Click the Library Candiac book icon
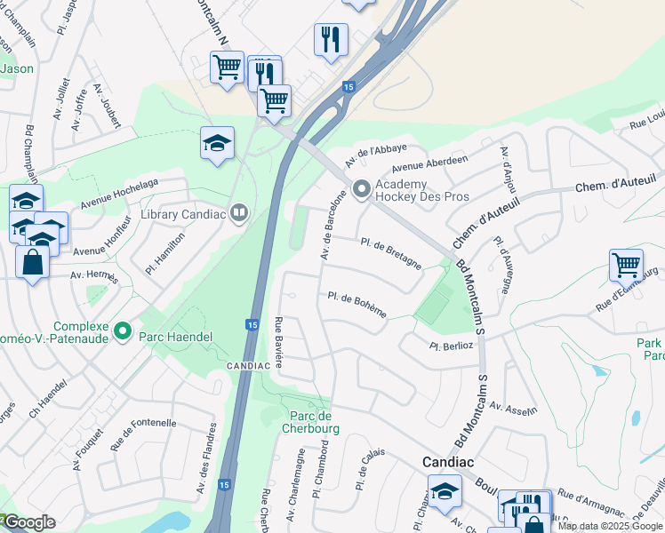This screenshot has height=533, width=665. pyautogui.click(x=238, y=212)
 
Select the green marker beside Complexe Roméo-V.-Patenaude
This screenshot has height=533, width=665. pyautogui.click(x=124, y=334)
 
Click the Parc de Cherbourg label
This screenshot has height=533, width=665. pyautogui.click(x=311, y=423)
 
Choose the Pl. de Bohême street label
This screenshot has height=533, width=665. pyautogui.click(x=357, y=304)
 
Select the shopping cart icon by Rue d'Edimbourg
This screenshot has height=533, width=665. pyautogui.click(x=626, y=264)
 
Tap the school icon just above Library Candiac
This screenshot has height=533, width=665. pyautogui.click(x=217, y=143)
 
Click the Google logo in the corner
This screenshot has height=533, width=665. pyautogui.click(x=29, y=522)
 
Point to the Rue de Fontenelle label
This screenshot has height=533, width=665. pyautogui.click(x=143, y=436)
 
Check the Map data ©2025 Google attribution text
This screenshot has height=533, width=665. pyautogui.click(x=610, y=526)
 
